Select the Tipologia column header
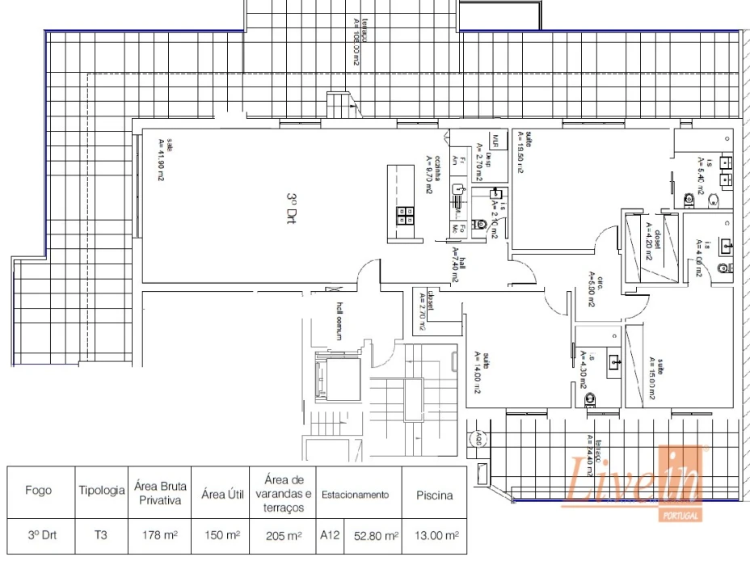click(x=101, y=491)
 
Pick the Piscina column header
click(x=434, y=495)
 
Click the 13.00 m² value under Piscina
click(x=436, y=534)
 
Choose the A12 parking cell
click(x=329, y=534)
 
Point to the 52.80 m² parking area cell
click(x=372, y=534)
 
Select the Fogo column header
click(x=38, y=491)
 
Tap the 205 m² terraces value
click(x=282, y=534)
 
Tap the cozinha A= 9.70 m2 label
click(x=432, y=175)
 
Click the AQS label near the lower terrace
click(x=478, y=441)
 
